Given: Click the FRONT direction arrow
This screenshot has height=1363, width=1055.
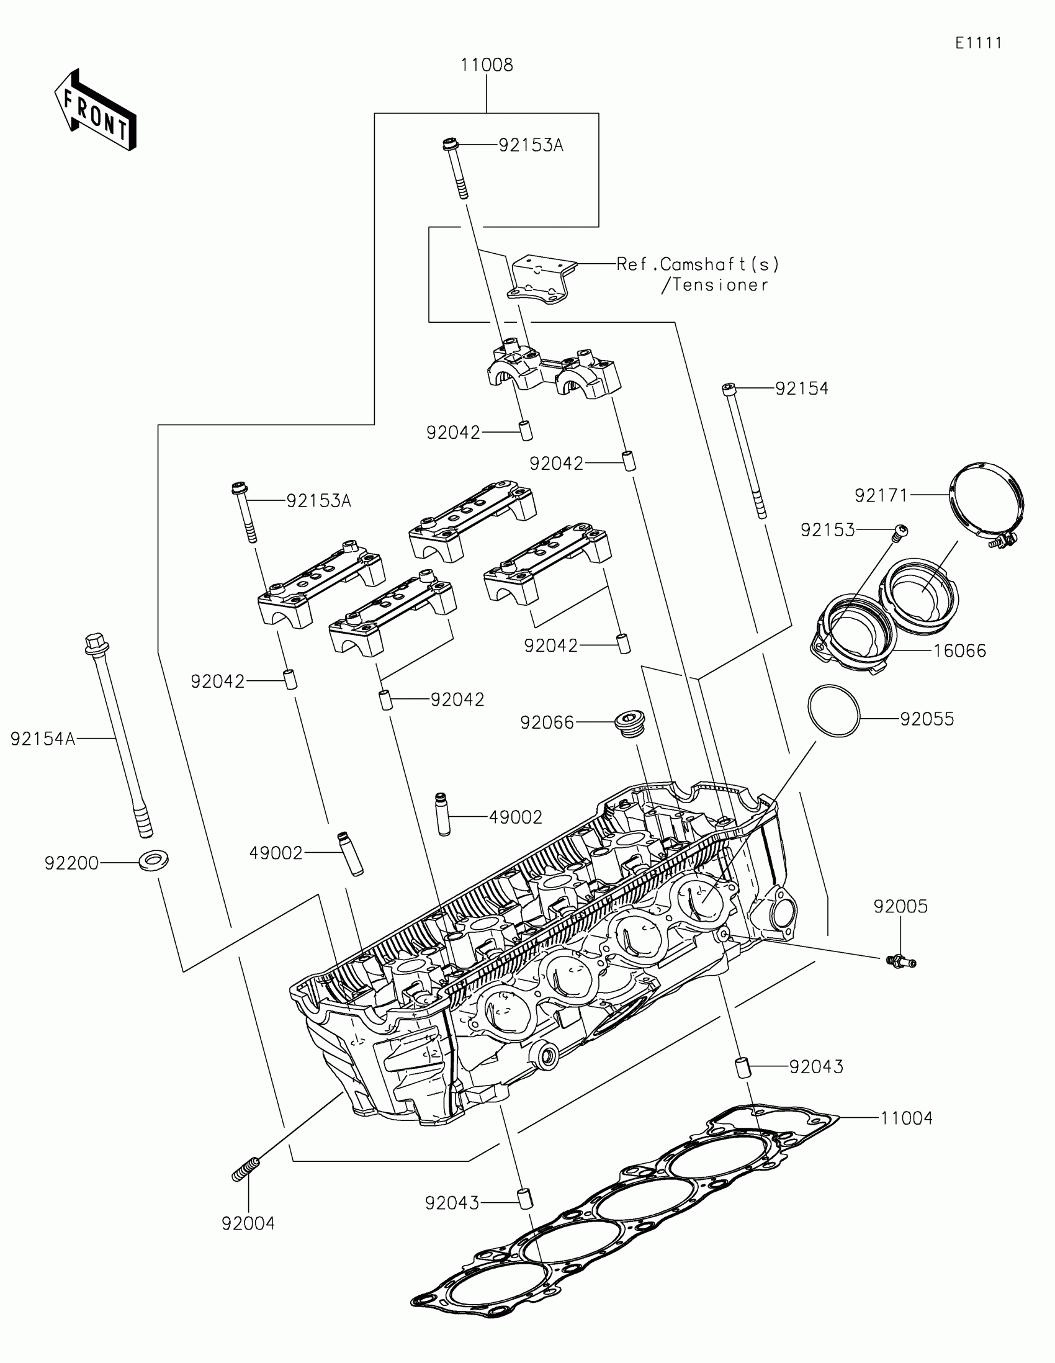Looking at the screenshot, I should (x=95, y=110).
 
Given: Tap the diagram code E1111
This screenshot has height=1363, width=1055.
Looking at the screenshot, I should (x=978, y=43).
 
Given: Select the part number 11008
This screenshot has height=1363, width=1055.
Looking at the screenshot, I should (x=487, y=65).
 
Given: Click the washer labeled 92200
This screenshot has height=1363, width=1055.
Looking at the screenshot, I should (x=153, y=861).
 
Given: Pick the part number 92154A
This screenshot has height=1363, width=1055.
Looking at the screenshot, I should (x=42, y=739).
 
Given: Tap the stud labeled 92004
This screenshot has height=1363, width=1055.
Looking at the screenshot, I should (x=246, y=1168).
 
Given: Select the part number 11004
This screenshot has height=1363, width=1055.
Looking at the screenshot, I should (x=907, y=1118).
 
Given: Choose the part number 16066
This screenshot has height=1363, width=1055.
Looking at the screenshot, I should (x=959, y=651).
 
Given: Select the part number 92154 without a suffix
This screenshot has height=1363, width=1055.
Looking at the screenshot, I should (x=802, y=388).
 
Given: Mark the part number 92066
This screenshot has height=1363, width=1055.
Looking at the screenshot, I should (x=547, y=722).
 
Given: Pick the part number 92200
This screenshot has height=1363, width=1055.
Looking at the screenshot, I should (x=71, y=863).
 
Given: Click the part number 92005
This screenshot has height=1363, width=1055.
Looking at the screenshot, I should (x=900, y=906).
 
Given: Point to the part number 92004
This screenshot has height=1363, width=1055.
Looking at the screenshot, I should (x=248, y=1223).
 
